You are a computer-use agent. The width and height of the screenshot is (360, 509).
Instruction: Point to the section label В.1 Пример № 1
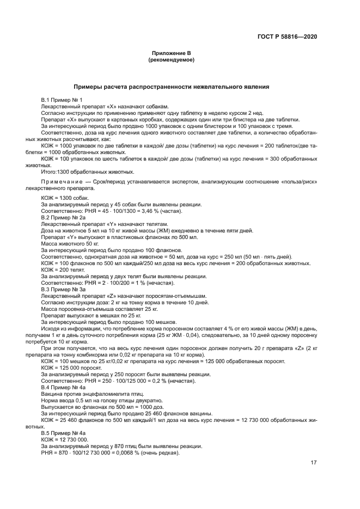pyautogui.click(x=62, y=100)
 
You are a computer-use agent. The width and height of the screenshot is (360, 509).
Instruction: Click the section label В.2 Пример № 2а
pyautogui.click(x=64, y=218)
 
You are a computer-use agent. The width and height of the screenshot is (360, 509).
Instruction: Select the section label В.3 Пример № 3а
pyautogui.click(x=64, y=289)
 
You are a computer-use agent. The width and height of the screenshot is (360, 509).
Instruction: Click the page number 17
pyautogui.click(x=314, y=463)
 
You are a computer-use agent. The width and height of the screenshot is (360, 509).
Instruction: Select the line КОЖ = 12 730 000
pyautogui.click(x=65, y=439)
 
